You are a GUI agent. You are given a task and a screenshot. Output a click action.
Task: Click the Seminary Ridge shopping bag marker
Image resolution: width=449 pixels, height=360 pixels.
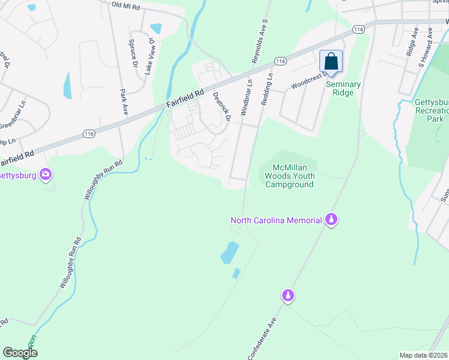click(x=331, y=62)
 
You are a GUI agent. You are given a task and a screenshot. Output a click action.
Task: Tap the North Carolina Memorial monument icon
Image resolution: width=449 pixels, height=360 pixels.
click(x=330, y=220)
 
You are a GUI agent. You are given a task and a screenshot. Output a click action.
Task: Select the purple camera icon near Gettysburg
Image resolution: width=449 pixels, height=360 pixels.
click(x=46, y=175)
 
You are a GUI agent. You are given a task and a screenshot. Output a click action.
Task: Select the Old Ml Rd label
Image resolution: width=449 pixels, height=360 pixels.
click(x=125, y=5)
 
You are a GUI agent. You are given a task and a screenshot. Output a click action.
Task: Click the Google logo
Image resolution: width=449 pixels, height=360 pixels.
click(x=20, y=353)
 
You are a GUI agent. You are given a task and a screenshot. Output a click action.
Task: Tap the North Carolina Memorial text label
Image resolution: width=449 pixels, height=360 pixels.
click(x=277, y=220)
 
